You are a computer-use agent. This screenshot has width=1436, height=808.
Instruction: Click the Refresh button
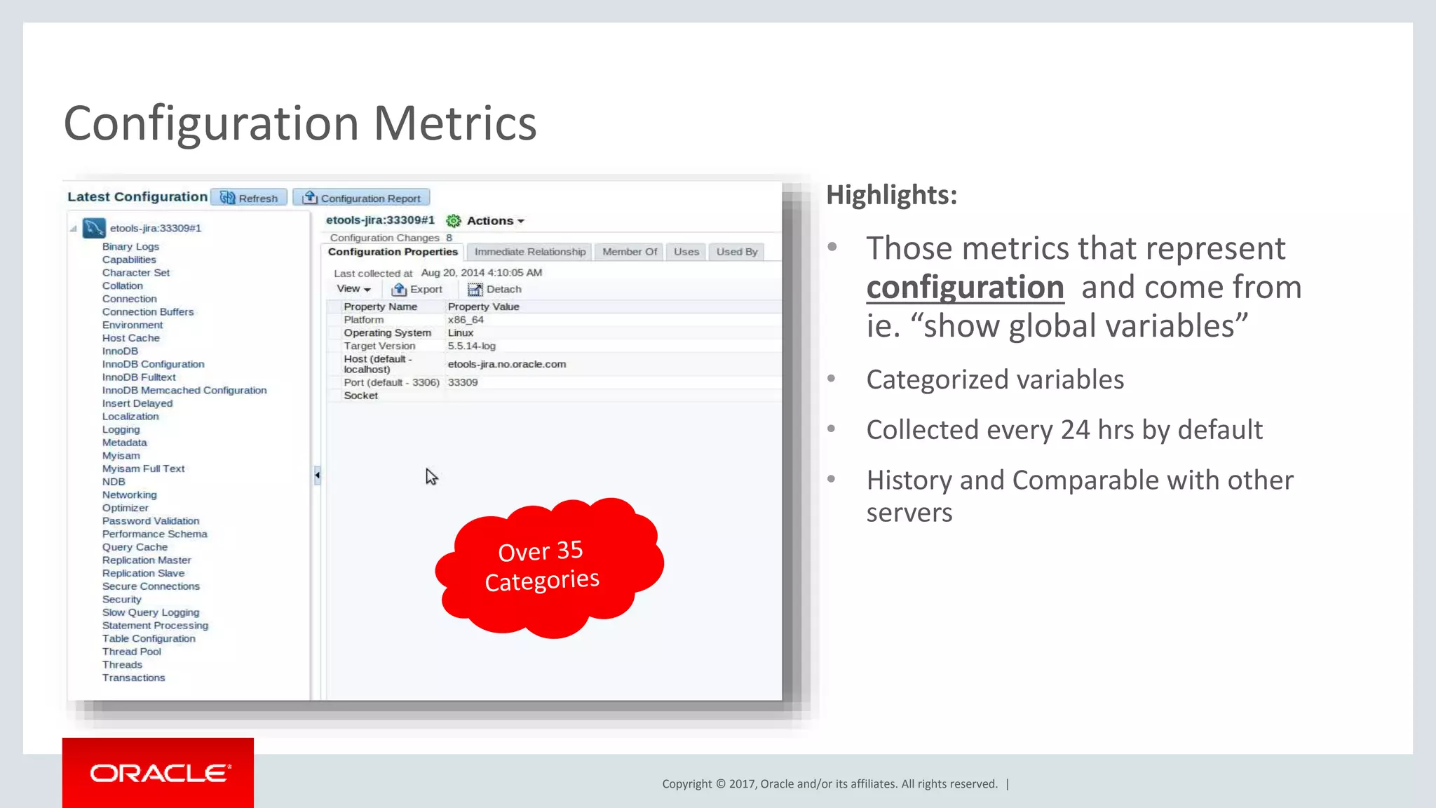point(250,198)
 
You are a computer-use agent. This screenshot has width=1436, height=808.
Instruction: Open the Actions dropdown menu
point(494,221)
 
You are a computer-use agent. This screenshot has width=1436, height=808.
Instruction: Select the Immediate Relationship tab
point(529,252)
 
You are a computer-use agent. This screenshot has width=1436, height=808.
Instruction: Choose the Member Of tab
point(629,252)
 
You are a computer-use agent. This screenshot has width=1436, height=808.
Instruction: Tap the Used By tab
point(736,252)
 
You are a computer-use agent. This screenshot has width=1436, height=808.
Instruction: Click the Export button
point(417,289)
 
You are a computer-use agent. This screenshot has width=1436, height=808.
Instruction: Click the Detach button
point(495,289)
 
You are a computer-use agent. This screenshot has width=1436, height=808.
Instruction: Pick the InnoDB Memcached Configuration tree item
point(184,390)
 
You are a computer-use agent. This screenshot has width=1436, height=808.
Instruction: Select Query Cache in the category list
point(135,547)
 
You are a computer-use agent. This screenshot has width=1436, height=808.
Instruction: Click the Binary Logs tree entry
point(130,247)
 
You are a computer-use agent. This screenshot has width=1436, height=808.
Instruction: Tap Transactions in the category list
point(133,678)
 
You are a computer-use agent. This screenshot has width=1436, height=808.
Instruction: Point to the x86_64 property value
point(466,320)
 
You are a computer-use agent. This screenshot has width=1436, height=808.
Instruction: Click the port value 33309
point(463,382)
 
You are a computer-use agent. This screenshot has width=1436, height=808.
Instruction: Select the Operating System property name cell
point(387,333)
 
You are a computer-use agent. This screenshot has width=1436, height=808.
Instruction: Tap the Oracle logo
point(158,773)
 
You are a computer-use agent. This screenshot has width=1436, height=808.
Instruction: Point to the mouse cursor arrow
point(431,476)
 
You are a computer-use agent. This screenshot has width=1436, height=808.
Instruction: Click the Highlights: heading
point(891,195)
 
